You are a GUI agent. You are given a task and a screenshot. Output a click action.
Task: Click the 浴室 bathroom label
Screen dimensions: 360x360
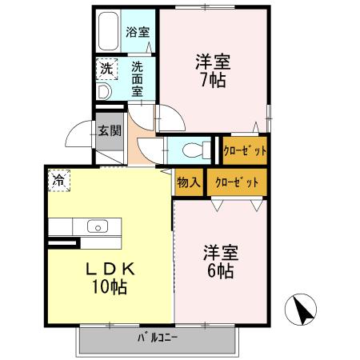pyautogui.click(x=138, y=33)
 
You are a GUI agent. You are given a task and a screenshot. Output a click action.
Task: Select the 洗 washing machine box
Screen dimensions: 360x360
pyautogui.click(x=106, y=70)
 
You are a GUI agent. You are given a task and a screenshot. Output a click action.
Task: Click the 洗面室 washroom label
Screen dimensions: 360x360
pyautogui.click(x=137, y=78)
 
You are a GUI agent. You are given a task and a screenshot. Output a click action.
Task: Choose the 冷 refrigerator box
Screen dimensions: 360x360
pyautogui.click(x=58, y=181)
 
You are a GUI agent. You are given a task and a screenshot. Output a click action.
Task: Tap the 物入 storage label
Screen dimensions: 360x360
pyautogui.click(x=189, y=182)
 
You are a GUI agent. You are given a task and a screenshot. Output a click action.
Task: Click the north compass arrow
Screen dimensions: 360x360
pyautogui.click(x=302, y=308)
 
